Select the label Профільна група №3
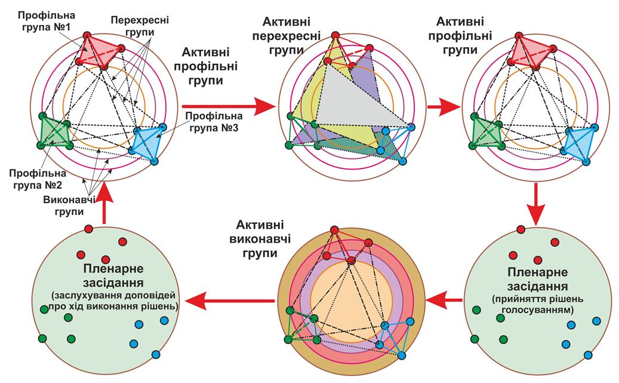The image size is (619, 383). (x=212, y=121)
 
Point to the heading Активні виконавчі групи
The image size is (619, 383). (x=255, y=239)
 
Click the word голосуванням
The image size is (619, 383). (x=535, y=310)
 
